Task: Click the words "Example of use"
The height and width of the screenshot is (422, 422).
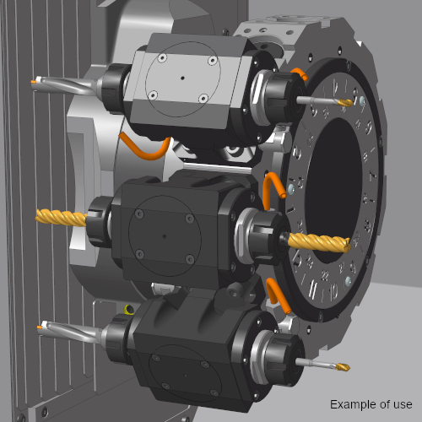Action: [x=371, y=404]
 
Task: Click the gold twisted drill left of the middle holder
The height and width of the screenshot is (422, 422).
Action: [x=62, y=218]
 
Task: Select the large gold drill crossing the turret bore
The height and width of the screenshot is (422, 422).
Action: [x=319, y=243]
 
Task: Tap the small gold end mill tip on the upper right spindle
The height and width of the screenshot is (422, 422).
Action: [x=345, y=103]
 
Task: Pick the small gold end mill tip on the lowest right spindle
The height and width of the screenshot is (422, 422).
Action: [x=343, y=366]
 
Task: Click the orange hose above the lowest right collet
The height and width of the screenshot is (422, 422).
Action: [x=277, y=295]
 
